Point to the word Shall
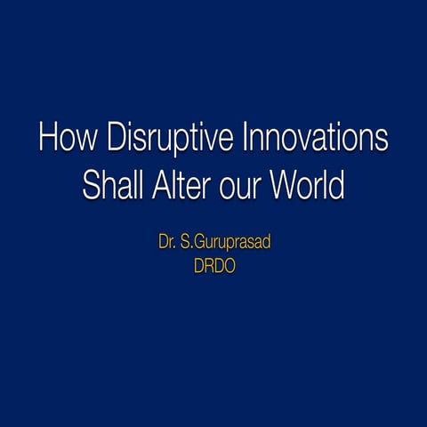[109, 188]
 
